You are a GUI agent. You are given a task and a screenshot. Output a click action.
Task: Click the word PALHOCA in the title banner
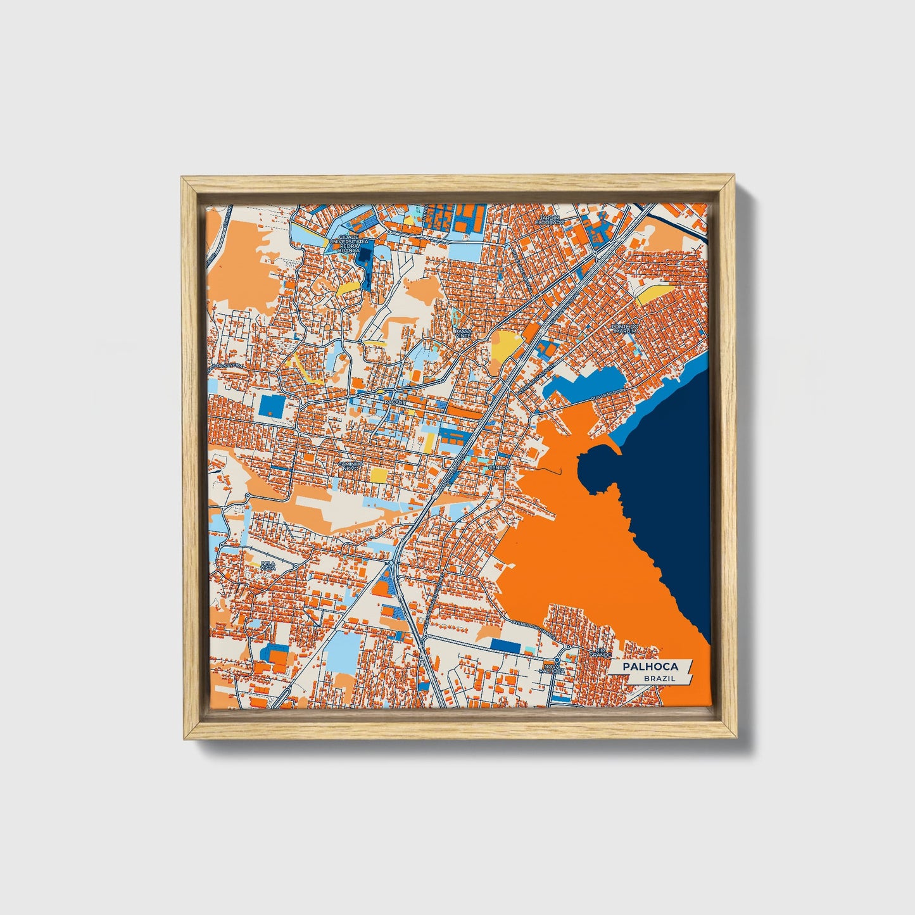[650, 667]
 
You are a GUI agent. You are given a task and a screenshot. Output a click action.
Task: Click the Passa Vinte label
[464, 333]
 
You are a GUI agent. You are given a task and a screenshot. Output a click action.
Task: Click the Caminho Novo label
[351, 465]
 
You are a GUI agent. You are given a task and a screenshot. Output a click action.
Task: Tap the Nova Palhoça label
[553, 669]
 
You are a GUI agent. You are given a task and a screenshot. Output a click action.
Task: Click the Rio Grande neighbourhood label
[600, 652]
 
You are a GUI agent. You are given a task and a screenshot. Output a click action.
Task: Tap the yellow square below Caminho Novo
[379, 475]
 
